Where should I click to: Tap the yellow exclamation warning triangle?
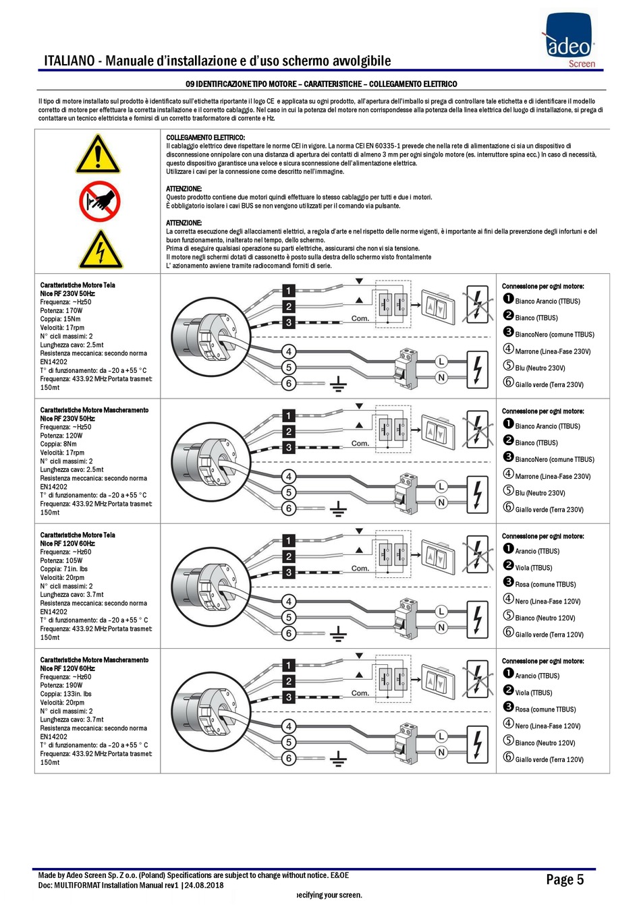point(98,154)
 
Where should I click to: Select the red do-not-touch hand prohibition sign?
point(100,201)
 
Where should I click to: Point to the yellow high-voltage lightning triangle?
point(101,250)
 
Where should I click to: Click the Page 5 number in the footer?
point(565,879)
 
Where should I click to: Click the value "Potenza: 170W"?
point(61,311)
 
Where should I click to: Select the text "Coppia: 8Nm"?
point(58,444)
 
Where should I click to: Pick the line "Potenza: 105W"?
point(61,560)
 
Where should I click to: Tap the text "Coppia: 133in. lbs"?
point(66,694)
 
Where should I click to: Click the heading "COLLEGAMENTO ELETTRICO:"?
point(205,138)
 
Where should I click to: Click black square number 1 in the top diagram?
point(288,290)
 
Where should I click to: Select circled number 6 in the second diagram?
point(289,508)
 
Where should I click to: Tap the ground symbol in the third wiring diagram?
point(338,634)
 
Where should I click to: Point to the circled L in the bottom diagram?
point(441,736)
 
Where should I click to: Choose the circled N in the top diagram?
point(441,378)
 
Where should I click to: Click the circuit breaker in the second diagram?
point(406,493)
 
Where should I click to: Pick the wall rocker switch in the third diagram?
point(438,558)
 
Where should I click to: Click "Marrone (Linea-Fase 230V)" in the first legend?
point(553,351)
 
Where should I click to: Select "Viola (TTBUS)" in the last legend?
point(534,693)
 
